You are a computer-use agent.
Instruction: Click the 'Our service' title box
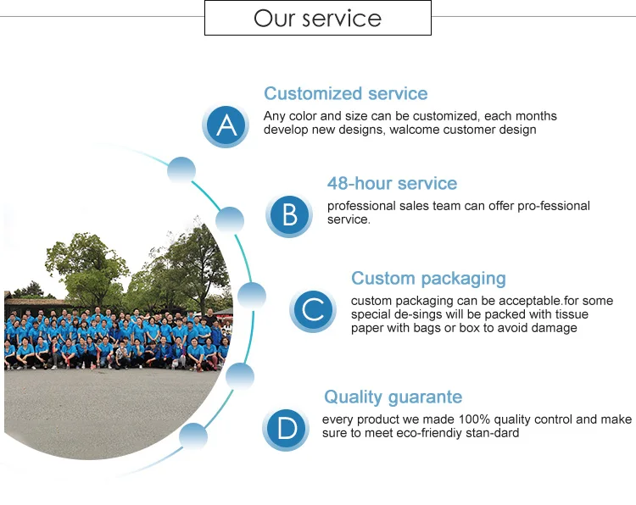(x=318, y=18)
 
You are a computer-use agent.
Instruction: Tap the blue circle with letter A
(x=226, y=125)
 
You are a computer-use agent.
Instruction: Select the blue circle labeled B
(x=289, y=215)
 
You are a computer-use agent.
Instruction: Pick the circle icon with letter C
(x=313, y=310)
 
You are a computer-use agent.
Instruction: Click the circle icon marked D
(x=286, y=429)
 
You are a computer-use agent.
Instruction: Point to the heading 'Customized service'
(x=345, y=94)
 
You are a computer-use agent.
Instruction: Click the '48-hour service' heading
(x=392, y=184)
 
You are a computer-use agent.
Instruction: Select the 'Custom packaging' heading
(x=428, y=279)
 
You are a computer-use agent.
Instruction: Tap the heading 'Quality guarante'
(x=393, y=397)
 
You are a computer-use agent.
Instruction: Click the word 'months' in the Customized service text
(x=536, y=116)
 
